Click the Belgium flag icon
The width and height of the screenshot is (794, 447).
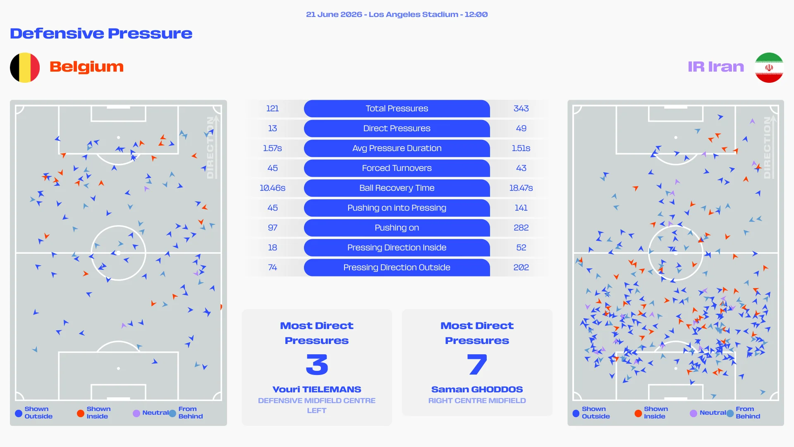click(x=25, y=67)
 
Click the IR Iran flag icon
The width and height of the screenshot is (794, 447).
click(x=769, y=67)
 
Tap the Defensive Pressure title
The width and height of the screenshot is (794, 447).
click(x=101, y=34)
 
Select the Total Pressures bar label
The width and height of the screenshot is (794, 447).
click(x=397, y=108)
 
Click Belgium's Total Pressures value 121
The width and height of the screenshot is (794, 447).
click(x=273, y=108)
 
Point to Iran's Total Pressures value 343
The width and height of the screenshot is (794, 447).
click(x=521, y=108)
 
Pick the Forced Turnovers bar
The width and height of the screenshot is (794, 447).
click(x=397, y=168)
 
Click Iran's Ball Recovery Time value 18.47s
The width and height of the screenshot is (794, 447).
click(x=521, y=188)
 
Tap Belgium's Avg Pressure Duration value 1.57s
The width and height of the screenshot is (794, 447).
click(x=273, y=148)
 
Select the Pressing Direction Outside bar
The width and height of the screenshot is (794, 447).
click(x=397, y=267)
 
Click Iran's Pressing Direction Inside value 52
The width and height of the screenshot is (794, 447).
click(x=521, y=248)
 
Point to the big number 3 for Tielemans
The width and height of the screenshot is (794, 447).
click(x=317, y=364)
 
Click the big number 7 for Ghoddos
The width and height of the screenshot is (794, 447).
click(x=477, y=364)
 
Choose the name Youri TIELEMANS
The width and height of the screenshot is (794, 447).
click(x=317, y=389)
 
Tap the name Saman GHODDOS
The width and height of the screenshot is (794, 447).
click(x=477, y=389)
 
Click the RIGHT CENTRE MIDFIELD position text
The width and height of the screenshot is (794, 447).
click(x=477, y=401)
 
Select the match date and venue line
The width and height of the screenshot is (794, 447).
click(x=397, y=14)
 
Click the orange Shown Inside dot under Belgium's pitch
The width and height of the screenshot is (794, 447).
click(x=81, y=413)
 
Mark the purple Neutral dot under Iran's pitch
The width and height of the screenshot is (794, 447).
click(x=694, y=413)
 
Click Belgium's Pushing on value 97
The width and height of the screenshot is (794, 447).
click(x=273, y=228)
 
